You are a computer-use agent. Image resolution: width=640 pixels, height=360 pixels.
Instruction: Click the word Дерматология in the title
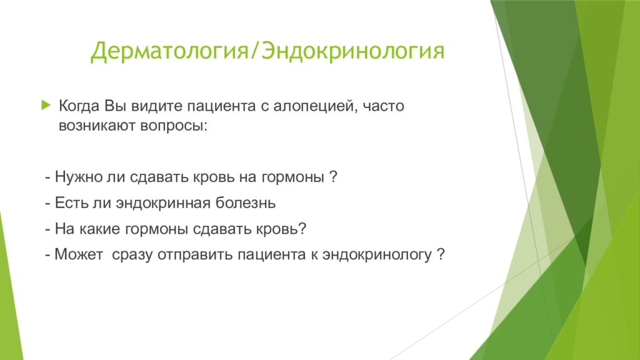point(169,52)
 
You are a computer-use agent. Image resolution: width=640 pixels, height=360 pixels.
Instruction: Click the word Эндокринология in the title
point(352,52)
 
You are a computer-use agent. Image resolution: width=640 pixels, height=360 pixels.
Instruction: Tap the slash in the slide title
point(255,51)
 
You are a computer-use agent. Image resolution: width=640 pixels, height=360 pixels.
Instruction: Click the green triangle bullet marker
point(46,105)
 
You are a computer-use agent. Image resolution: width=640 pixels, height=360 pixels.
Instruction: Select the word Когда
point(79,106)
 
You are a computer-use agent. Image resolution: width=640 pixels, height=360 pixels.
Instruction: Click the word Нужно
point(79,177)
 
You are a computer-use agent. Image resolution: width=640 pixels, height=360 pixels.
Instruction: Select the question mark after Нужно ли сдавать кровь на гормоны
point(333,177)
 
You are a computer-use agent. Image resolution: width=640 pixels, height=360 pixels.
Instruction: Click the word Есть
point(71,203)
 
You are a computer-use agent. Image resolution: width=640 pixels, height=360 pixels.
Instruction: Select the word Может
point(79,255)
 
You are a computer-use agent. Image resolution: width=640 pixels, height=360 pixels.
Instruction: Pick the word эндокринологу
point(377,255)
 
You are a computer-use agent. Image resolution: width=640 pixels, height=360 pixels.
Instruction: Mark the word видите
point(157,106)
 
